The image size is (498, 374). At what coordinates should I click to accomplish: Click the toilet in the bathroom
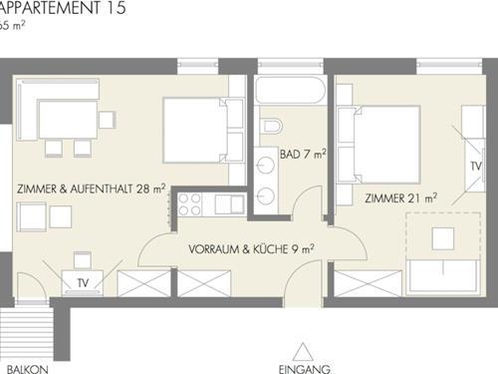(272, 126)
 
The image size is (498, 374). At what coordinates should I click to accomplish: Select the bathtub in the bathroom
(290, 90)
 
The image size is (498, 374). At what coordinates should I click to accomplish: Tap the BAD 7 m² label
(303, 154)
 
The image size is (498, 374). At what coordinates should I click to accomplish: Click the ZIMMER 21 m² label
(400, 198)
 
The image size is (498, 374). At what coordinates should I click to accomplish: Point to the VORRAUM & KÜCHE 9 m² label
(251, 248)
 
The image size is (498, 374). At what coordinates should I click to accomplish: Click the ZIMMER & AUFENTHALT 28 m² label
(92, 188)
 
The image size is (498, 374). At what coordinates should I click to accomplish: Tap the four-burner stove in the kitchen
(189, 204)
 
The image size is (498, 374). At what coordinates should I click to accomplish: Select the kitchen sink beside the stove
(229, 204)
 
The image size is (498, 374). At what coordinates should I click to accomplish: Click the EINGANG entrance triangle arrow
(303, 352)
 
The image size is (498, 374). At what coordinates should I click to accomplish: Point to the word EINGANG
(305, 369)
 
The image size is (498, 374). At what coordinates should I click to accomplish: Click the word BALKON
(28, 369)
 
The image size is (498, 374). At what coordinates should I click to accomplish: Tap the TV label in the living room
(83, 283)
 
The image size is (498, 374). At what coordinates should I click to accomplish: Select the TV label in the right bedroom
(476, 166)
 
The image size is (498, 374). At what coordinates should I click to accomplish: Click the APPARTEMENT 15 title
(63, 7)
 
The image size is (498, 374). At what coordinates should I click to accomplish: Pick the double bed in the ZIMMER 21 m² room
(378, 145)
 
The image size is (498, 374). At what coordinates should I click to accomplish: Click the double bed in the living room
(203, 130)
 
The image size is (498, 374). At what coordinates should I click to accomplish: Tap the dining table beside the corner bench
(68, 119)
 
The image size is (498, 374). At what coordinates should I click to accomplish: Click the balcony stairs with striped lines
(27, 332)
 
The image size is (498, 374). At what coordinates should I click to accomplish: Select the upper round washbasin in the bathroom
(266, 166)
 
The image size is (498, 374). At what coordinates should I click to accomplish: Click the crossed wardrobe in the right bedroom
(368, 283)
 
